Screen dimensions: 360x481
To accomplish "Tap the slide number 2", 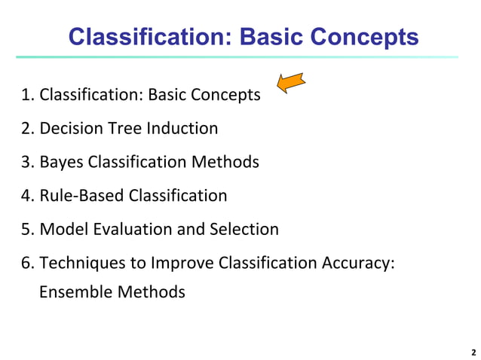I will (473, 352).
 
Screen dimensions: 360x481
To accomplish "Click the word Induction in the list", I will (183, 128).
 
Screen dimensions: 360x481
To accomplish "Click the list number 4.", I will (26, 196).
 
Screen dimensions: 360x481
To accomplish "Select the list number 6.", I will (26, 263).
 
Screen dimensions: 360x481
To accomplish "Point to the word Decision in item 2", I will (71, 128).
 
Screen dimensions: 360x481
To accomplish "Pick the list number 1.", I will (26, 96).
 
